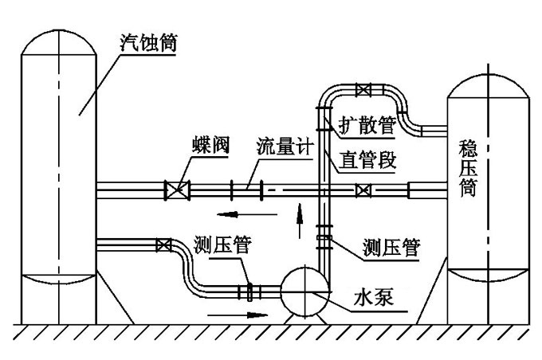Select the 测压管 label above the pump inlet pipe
(x=222, y=245)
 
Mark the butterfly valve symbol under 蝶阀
(x=176, y=190)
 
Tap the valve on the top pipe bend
(x=363, y=89)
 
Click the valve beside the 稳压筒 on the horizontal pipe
(x=363, y=190)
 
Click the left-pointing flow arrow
(x=238, y=214)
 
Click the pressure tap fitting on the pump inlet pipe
(x=249, y=292)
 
